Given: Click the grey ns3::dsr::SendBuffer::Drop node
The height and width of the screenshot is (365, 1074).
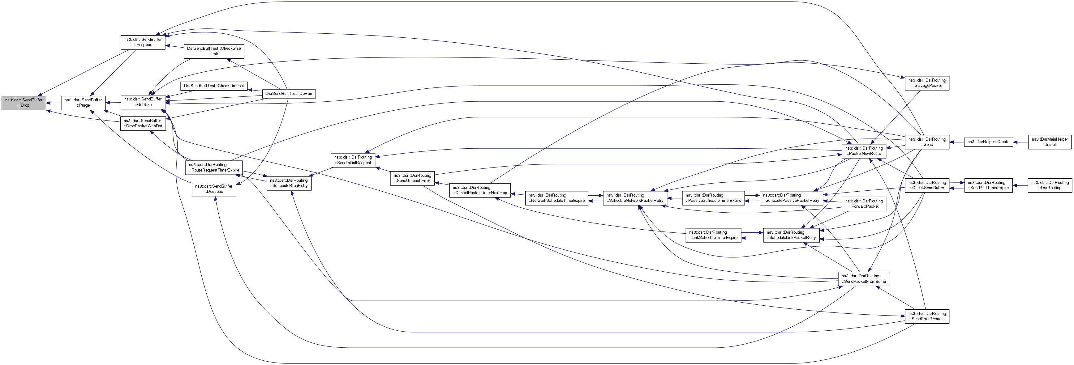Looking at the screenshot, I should (x=24, y=103).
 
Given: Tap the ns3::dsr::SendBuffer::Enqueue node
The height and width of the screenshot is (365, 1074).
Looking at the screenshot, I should (x=143, y=42).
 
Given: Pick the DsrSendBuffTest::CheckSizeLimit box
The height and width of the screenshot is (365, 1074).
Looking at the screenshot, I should (x=213, y=51).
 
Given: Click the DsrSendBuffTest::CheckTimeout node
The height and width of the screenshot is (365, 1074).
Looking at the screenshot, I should (x=214, y=86).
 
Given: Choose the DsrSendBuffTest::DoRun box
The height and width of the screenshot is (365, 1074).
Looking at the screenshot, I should (x=289, y=94).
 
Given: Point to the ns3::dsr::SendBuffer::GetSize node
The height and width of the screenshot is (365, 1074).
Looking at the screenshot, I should (x=143, y=102).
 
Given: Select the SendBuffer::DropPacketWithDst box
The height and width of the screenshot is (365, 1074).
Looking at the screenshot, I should (x=143, y=123).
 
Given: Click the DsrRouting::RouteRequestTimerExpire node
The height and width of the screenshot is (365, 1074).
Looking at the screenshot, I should (x=214, y=168).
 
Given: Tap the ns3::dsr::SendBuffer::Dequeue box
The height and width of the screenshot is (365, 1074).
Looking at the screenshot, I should (x=214, y=189).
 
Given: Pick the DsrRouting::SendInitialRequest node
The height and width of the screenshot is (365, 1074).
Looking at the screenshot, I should (x=353, y=160).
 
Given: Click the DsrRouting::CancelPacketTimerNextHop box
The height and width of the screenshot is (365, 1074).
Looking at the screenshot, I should (x=479, y=190).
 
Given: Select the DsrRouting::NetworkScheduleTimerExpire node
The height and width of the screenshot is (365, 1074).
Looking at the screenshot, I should (x=556, y=198).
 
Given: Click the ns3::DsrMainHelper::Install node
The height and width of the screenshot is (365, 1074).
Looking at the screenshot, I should (x=1049, y=142).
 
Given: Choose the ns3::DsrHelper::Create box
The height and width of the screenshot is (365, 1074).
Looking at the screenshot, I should (x=988, y=142).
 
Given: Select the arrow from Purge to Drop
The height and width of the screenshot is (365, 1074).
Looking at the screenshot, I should (x=54, y=103).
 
